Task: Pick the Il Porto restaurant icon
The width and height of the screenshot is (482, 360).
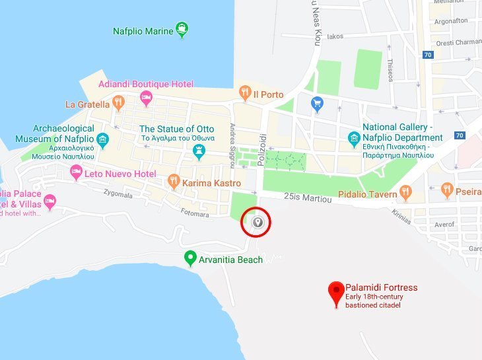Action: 244,92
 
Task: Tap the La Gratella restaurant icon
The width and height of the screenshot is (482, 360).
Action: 118,102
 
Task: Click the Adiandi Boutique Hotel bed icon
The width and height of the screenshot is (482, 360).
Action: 147,98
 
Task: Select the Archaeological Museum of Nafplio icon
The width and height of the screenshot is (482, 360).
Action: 102,139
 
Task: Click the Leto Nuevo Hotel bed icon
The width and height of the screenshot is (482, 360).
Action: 76,172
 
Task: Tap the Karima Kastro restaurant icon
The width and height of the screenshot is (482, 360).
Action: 174,180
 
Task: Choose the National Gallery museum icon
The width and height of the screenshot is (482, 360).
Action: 354,140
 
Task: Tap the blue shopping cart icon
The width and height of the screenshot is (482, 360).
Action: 317,103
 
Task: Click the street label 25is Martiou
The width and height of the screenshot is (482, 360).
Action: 306,196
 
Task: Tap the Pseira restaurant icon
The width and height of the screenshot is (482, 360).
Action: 447,190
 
